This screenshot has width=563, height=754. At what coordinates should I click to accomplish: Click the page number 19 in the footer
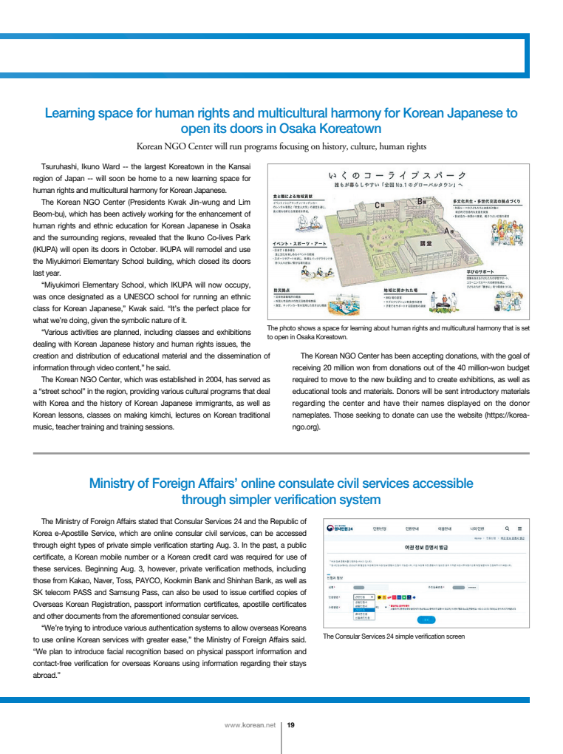click(x=290, y=724)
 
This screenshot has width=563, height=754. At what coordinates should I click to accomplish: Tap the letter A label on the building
click(x=445, y=232)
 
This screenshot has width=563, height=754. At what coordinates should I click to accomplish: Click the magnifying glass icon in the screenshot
click(x=507, y=529)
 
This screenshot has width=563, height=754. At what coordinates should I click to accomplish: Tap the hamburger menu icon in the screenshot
click(x=519, y=529)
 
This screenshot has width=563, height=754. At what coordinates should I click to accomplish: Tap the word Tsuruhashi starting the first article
click(x=63, y=166)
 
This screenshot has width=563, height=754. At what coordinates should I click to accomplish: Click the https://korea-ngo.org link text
click(x=414, y=421)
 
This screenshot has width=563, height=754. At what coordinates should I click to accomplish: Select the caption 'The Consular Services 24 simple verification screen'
click(x=394, y=636)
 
